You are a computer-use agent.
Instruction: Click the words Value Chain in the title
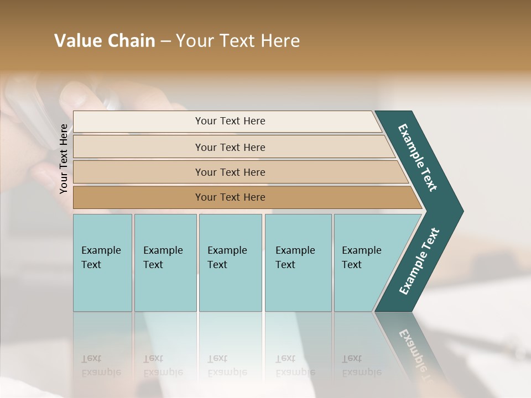coord(105,41)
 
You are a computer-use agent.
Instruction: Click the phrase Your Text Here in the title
coord(238,41)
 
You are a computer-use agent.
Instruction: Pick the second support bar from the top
coord(230,147)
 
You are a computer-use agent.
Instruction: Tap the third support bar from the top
coord(230,172)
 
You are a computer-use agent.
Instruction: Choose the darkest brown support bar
coord(230,197)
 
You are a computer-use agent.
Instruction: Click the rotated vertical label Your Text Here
coord(64,159)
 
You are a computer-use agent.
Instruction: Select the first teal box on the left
coord(102,263)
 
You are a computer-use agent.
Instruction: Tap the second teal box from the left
coord(165,263)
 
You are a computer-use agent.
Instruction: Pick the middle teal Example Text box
coord(230,263)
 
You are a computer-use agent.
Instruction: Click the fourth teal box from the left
coord(298,263)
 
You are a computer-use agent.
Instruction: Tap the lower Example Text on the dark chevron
coord(419,261)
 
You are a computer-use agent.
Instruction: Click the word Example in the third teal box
coord(227,250)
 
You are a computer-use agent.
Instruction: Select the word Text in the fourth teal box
coord(285,265)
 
